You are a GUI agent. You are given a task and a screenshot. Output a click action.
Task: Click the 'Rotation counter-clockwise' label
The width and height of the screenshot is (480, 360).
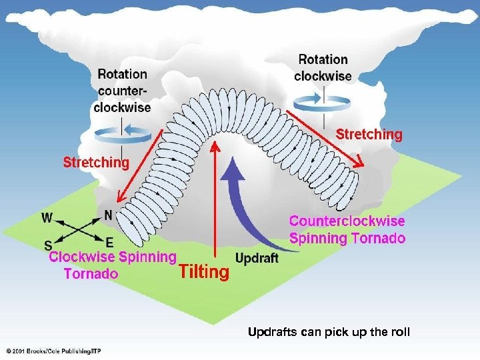pos(122,91)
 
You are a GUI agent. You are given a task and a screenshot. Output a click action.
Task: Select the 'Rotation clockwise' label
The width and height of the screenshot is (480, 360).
pos(323,68)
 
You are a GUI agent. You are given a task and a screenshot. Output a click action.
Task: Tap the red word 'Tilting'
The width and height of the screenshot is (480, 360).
pos(204,271)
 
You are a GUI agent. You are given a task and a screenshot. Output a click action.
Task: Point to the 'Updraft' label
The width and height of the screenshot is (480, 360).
pos(257,258)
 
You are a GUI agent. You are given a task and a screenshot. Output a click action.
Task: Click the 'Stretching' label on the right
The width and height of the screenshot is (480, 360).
pos(369,135)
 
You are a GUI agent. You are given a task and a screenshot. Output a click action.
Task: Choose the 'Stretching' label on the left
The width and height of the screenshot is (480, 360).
pos(96,162)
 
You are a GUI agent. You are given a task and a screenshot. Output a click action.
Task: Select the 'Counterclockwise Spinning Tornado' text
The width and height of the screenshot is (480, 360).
pos(347,229)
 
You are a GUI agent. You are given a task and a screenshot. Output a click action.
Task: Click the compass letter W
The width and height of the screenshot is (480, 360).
pos(47,217)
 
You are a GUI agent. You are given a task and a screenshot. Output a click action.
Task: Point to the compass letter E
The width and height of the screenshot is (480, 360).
pos(109,241)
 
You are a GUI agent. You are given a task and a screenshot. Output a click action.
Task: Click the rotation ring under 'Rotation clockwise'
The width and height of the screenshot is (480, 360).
pos(324,100)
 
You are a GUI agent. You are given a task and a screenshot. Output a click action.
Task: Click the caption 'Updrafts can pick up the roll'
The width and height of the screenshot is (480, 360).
pos(329,332)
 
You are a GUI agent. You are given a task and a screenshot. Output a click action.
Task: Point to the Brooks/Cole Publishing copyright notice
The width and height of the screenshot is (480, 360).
pos(55,351)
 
